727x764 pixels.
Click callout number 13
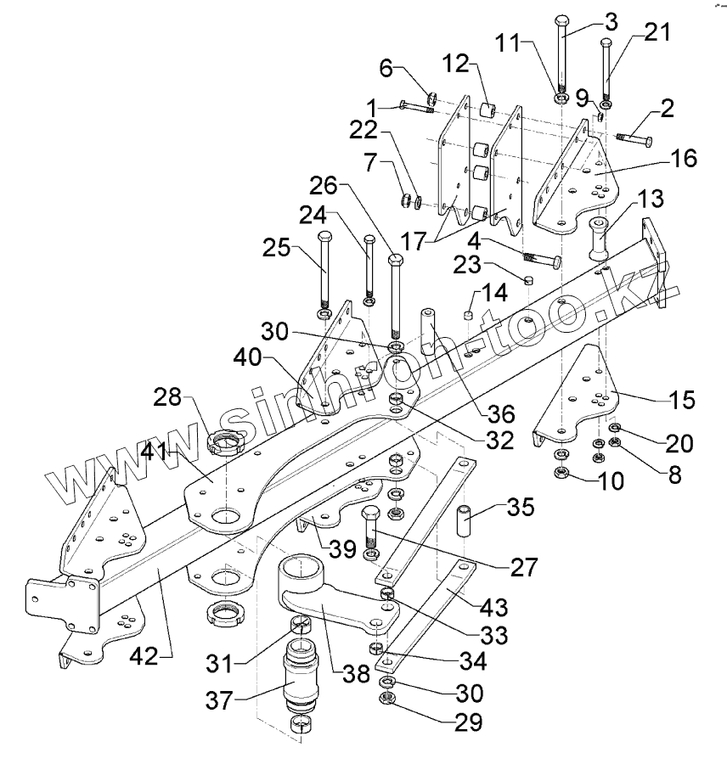click(651, 199)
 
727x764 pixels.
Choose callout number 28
click(168, 397)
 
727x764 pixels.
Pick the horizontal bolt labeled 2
click(634, 137)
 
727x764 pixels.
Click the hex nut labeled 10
click(561, 472)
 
